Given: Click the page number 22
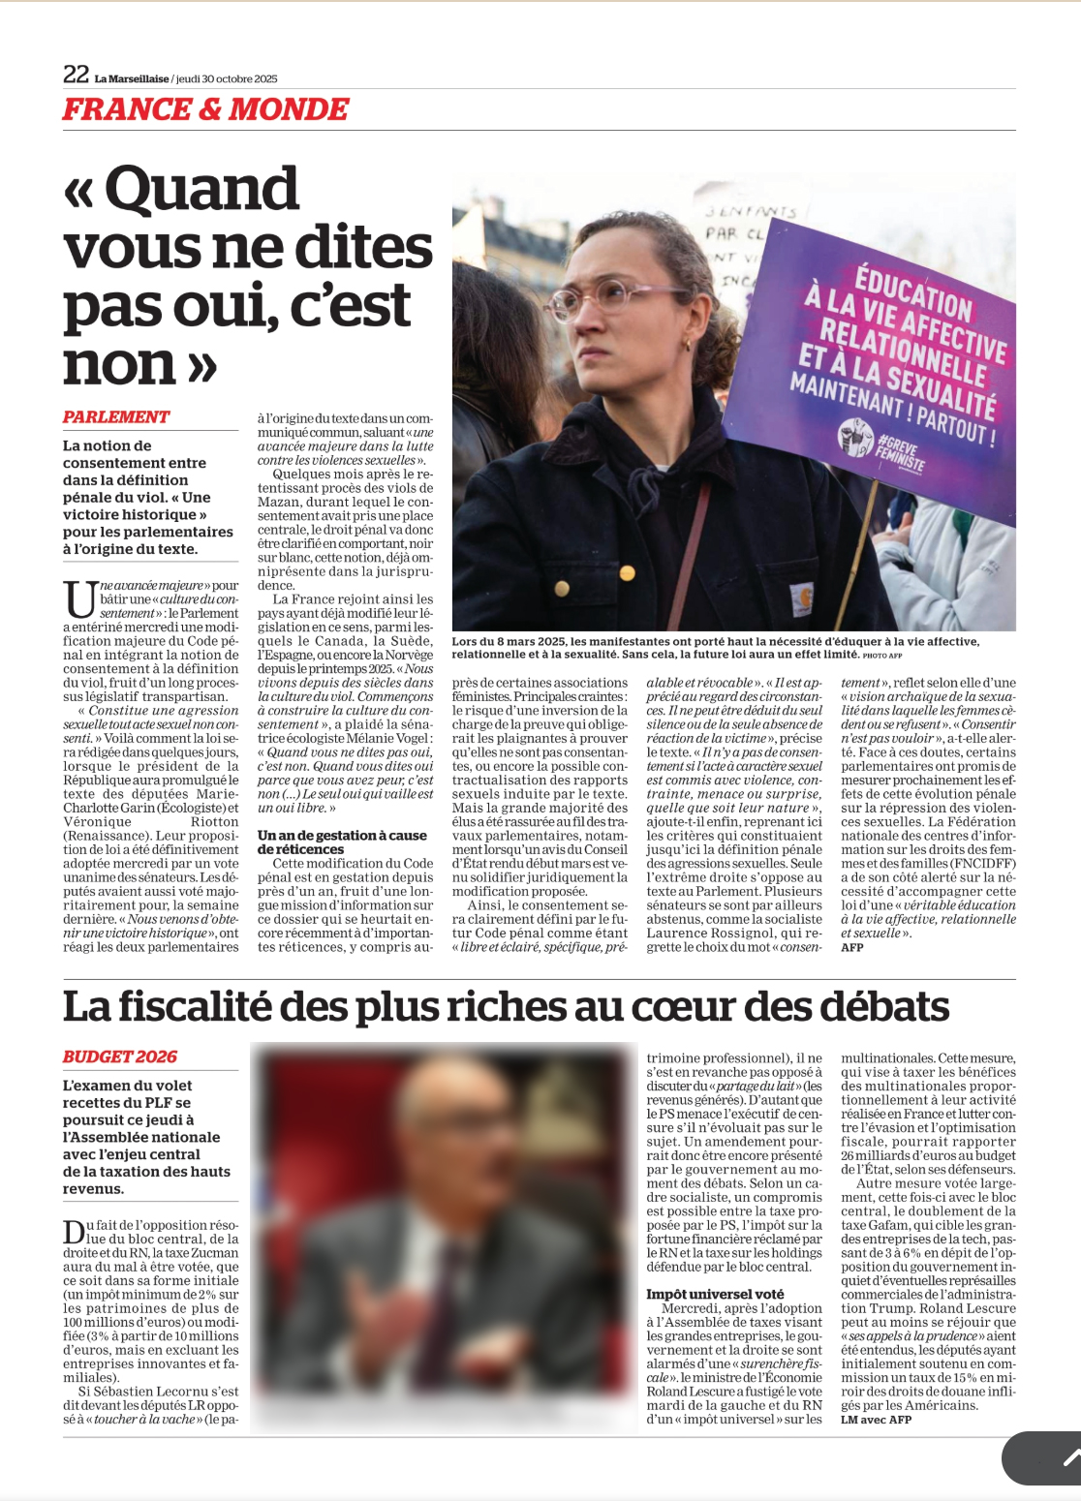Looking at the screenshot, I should click(76, 75).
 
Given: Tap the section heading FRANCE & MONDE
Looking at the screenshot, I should click(205, 110).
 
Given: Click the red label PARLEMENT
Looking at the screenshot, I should click(116, 417).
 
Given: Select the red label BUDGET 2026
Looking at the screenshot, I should click(120, 1057).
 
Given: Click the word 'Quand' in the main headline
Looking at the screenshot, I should click(201, 189).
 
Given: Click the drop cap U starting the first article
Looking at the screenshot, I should click(79, 598).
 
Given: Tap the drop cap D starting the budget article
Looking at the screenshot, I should click(74, 1232).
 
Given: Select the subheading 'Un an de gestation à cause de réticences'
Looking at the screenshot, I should click(342, 842).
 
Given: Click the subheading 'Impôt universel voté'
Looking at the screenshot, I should click(715, 1294).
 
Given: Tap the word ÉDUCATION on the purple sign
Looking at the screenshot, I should click(913, 294).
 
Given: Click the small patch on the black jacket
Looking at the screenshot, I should click(802, 599).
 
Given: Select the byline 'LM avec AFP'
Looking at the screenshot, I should click(876, 1420).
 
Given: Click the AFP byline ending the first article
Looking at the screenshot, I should click(852, 947).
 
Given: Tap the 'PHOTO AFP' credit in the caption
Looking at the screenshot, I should click(888, 656).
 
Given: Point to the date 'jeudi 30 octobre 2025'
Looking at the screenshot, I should click(227, 78).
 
